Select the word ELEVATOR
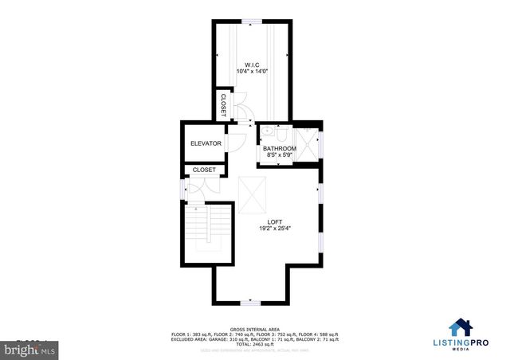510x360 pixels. tap(206, 143)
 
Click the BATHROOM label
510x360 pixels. tap(280, 148)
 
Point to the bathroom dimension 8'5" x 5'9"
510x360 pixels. tap(280, 155)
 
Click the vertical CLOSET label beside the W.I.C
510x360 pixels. tap(223, 106)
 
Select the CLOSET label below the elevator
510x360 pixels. tap(204, 170)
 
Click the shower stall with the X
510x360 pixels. tap(309, 144)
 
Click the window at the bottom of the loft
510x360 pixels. tap(250, 303)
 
